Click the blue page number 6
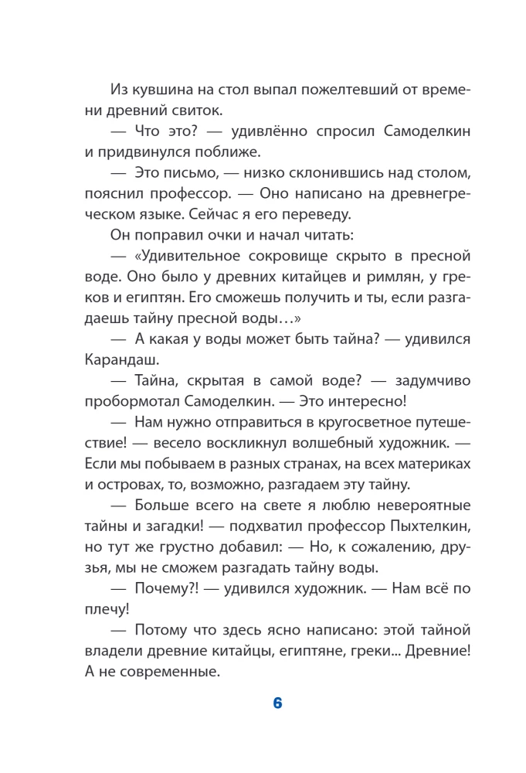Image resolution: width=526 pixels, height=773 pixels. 278,703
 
